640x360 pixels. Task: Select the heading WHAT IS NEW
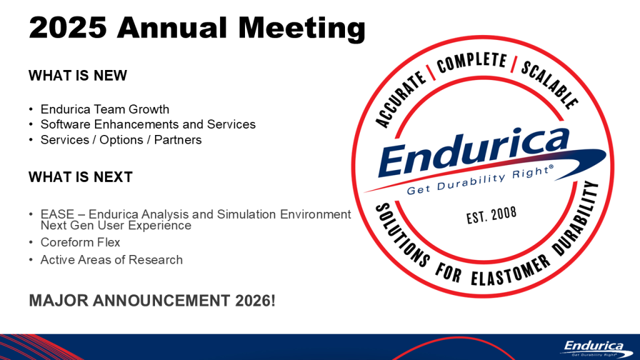point(77,76)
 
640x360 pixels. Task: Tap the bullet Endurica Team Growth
point(104,109)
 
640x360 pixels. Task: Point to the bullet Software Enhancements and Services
point(147,124)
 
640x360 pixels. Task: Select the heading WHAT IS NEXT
point(80,177)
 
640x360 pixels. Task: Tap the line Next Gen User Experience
point(116,225)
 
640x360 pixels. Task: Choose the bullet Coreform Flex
point(80,242)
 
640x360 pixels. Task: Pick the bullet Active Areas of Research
point(111,259)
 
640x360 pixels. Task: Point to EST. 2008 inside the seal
point(491,216)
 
